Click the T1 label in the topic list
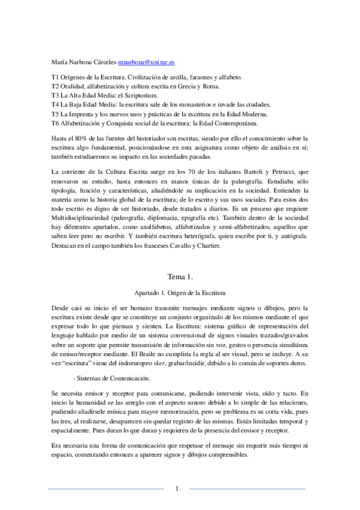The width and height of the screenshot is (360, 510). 55,78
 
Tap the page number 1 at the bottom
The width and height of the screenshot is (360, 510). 178,488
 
